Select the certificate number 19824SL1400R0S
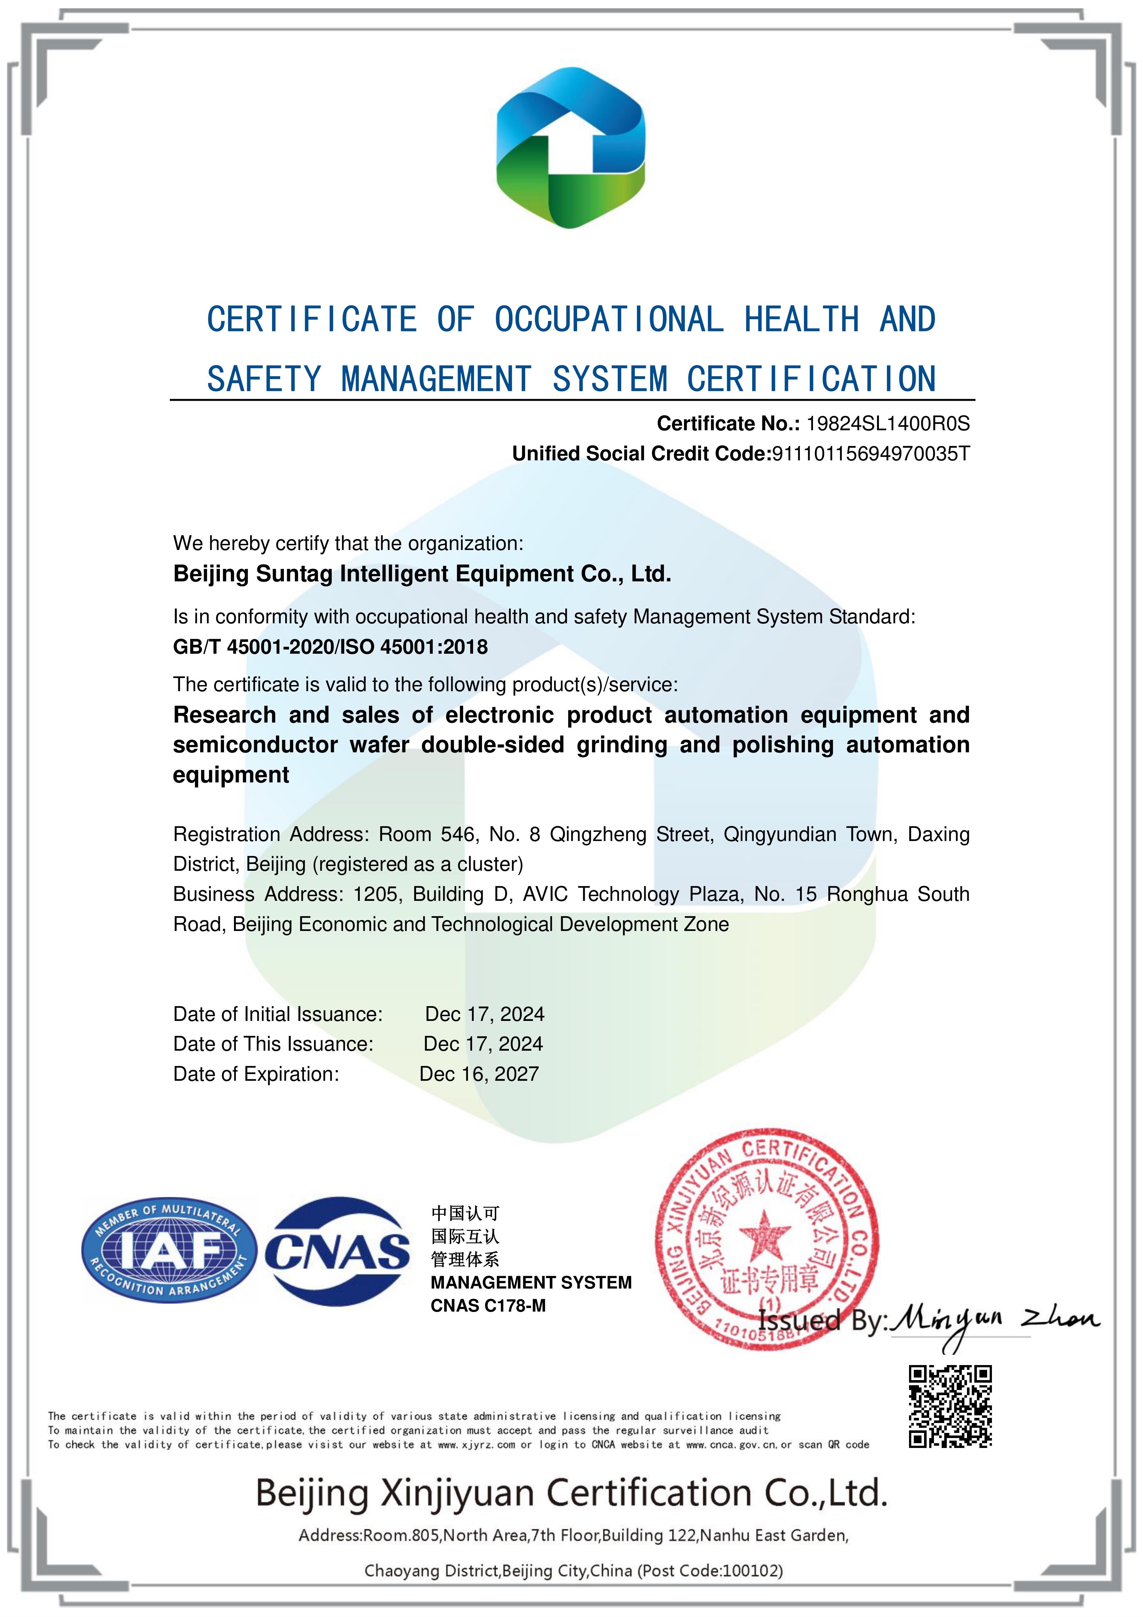click(887, 423)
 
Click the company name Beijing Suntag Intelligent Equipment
click(422, 574)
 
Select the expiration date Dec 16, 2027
click(479, 1074)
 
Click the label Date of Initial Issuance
click(278, 1014)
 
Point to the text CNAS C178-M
click(488, 1306)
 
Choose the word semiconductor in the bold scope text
click(255, 745)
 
